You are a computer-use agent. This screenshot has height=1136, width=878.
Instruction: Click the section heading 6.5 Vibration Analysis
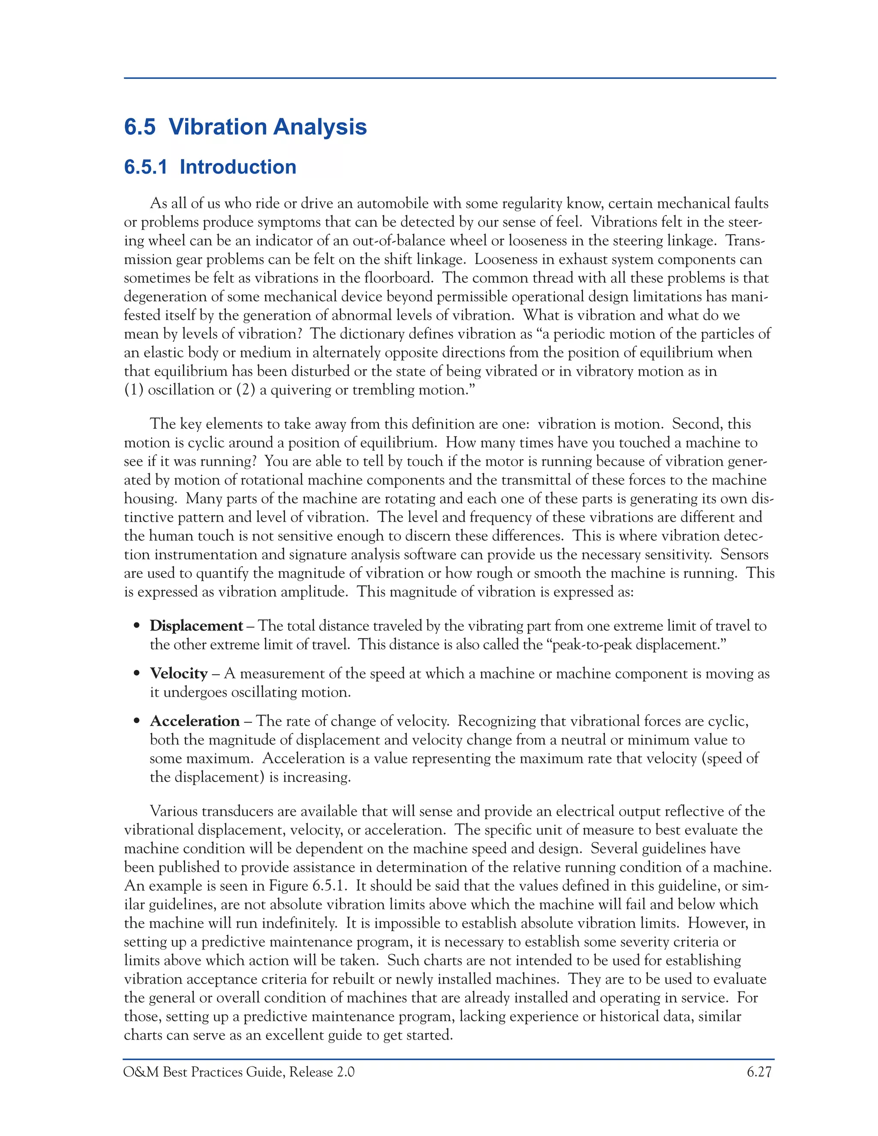[x=245, y=127]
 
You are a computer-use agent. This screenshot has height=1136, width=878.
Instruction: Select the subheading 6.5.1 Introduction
[x=210, y=167]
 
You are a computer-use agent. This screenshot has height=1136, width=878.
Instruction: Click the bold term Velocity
[x=178, y=673]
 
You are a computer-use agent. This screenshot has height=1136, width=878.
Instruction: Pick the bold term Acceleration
[x=195, y=721]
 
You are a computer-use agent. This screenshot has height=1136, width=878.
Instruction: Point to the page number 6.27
[x=759, y=1072]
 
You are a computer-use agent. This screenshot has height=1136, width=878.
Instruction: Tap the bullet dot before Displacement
[x=137, y=626]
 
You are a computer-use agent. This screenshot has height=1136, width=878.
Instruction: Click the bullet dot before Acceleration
[x=137, y=721]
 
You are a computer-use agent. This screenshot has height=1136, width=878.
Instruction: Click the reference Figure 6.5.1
[x=307, y=886]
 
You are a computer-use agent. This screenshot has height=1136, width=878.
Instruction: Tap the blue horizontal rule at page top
[x=449, y=78]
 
